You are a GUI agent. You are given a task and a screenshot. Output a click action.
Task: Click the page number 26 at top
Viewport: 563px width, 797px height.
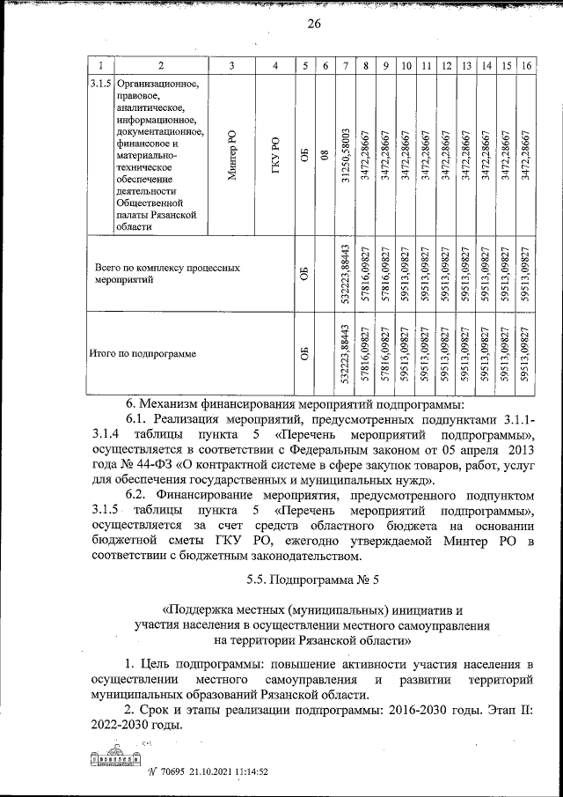tap(313, 24)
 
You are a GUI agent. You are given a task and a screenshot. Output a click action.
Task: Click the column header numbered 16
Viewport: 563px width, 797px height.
tap(526, 66)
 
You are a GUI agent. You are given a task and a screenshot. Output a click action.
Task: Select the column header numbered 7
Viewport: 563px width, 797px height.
tap(347, 66)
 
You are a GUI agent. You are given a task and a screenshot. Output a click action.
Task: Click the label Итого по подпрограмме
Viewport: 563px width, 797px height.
tap(142, 355)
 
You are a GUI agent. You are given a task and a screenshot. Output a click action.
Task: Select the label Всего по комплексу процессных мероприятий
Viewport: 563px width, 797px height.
tap(167, 272)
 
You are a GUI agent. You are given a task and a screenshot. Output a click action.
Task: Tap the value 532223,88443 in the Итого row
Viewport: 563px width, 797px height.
tap(347, 355)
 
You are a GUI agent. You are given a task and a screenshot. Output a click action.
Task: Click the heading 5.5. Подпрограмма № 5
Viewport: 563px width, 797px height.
tap(312, 579)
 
